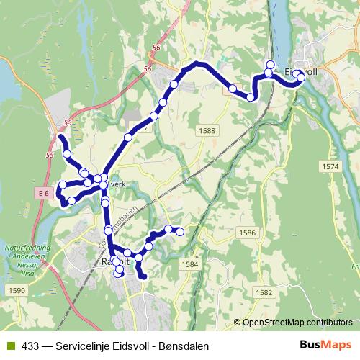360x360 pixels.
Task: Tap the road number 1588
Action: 206,130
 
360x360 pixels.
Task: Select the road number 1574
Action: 330,166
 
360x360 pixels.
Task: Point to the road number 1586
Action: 247,233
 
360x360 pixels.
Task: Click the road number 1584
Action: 190,264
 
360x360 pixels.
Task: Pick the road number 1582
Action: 264,292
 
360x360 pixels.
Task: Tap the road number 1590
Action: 17,290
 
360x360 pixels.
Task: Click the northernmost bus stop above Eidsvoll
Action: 271,64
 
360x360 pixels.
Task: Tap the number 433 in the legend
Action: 30,346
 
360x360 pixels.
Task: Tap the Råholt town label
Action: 115,261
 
